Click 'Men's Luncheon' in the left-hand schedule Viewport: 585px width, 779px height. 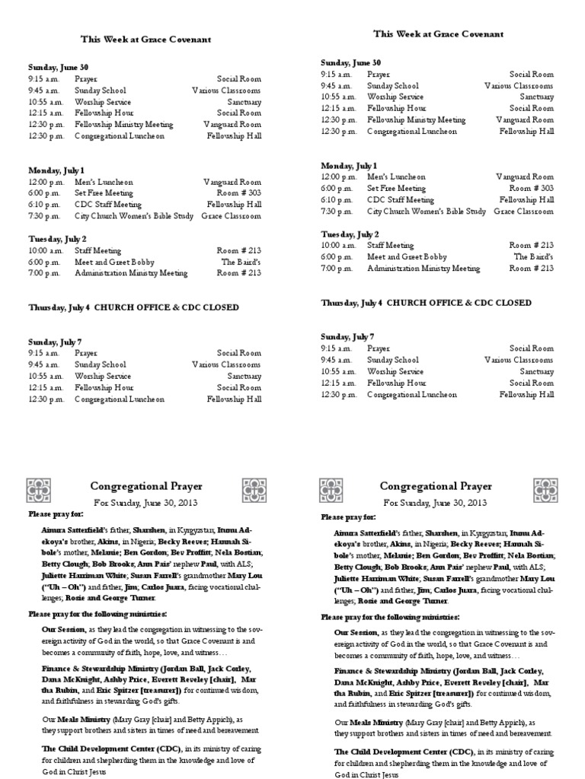[x=104, y=182]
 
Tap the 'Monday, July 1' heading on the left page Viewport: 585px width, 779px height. [x=56, y=170]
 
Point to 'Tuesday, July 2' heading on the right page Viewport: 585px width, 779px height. [x=350, y=234]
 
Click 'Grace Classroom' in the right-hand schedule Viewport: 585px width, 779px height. [x=524, y=211]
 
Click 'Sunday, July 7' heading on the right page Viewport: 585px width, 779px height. [x=347, y=336]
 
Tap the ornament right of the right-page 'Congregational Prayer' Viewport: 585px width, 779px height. [x=545, y=489]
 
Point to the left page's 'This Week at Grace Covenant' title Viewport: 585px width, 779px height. [x=146, y=39]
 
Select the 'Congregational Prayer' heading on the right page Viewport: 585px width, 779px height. [x=436, y=486]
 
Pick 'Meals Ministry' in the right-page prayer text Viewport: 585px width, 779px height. [x=378, y=722]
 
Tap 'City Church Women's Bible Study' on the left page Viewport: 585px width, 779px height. [x=135, y=216]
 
